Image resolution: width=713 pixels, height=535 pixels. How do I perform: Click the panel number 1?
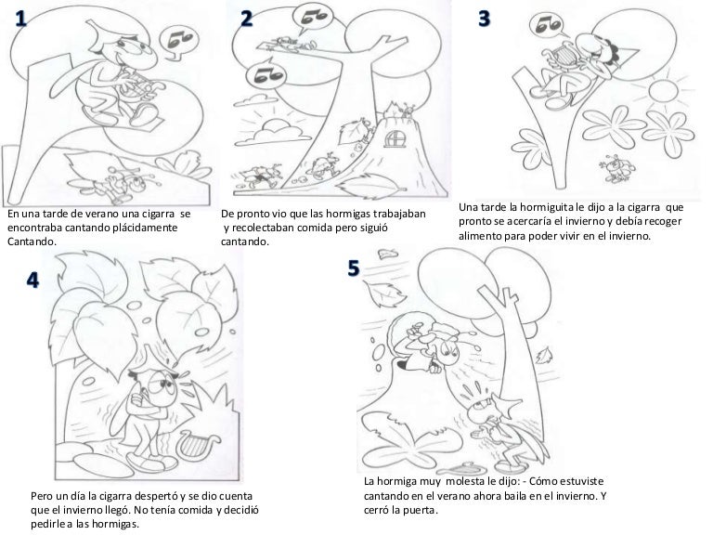point(21,19)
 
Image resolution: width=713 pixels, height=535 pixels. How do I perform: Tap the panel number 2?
point(246,19)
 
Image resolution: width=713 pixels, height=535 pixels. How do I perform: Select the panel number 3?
point(485,19)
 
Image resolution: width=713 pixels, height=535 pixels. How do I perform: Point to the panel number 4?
point(32,281)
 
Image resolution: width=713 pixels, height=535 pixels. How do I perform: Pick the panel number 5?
point(354,268)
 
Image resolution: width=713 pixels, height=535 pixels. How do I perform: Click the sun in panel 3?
point(664,90)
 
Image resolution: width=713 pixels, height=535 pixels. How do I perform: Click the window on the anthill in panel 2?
point(394,138)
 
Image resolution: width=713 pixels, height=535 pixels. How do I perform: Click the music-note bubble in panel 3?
point(549,25)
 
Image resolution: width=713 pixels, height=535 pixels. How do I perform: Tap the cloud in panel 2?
point(273,133)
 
